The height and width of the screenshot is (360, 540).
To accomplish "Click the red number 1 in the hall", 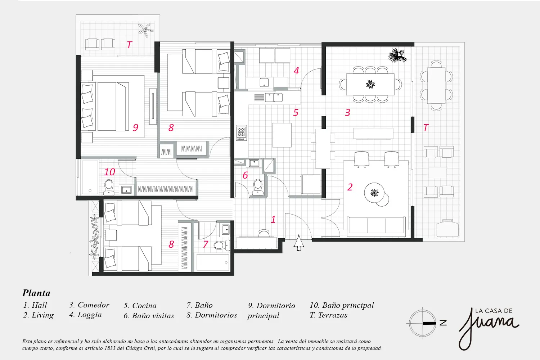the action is tap(273, 220).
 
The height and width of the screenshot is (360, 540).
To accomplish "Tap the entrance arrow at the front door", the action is tap(299, 243).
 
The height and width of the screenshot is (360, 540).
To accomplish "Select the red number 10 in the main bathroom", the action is tap(109, 172).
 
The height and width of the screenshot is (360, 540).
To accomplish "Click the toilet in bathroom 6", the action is tap(258, 187).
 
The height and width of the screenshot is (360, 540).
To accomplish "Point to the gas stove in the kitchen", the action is tap(241, 133).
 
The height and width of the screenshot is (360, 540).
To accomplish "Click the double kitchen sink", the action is tap(274, 98).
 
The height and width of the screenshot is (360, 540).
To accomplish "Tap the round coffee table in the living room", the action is tap(376, 194).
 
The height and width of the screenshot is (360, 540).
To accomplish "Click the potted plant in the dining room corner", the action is tap(397, 55).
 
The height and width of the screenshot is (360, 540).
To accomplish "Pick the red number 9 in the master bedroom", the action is tap(135, 127).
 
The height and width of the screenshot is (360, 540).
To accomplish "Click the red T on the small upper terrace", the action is tap(130, 45).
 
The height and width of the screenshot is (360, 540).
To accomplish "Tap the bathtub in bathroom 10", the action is tap(90, 177).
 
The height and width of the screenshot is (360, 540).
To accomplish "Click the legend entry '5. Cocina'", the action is tap(140, 306).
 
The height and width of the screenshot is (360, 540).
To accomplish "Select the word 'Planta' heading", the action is tap(36, 293).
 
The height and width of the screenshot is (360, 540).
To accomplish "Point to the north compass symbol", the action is tap(426, 323).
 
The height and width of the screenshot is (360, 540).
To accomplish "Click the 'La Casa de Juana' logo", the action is tap(489, 328).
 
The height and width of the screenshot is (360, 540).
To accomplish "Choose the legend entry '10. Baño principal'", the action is tap(342, 306).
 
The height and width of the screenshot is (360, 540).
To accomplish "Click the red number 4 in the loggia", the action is tap(296, 71).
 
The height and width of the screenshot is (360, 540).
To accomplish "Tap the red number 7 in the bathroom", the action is tap(206, 244).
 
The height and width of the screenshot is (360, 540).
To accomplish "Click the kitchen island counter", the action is tap(282, 135).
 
